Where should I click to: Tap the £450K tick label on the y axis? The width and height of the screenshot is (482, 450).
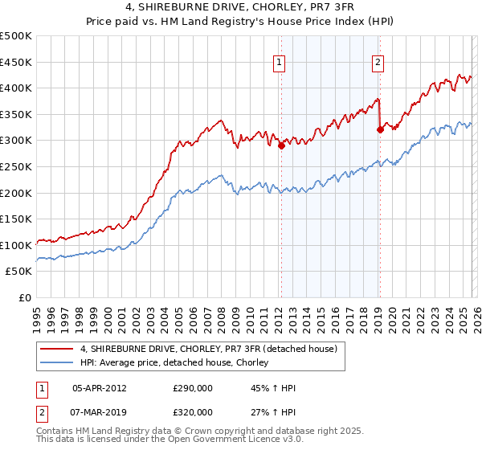[16, 62]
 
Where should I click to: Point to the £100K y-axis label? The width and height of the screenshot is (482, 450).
[16, 244]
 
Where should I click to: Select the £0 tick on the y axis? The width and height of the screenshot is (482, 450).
[26, 297]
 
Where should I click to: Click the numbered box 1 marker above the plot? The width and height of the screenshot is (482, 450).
[280, 63]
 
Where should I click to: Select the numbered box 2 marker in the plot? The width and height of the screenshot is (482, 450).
[378, 63]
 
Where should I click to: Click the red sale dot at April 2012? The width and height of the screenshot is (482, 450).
[281, 146]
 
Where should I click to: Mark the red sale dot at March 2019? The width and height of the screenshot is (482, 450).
[379, 129]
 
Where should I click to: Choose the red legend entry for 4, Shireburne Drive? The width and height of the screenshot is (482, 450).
[212, 349]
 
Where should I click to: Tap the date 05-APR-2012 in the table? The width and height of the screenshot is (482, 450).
[100, 388]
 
